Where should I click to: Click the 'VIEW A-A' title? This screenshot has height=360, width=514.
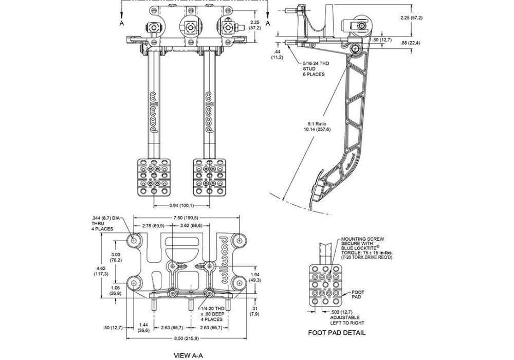188,355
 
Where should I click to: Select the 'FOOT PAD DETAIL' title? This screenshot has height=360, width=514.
337,333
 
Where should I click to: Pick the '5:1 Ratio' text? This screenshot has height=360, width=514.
317,124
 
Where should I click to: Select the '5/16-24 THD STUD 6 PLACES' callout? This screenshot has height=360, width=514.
316,68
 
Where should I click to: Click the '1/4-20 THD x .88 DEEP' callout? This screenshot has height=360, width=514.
212,311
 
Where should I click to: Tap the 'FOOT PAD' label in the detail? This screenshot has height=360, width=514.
358,294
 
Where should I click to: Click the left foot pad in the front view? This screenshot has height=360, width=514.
153,177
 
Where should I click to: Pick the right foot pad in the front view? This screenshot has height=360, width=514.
209,177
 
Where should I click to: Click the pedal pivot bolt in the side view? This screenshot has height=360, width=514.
355,49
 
